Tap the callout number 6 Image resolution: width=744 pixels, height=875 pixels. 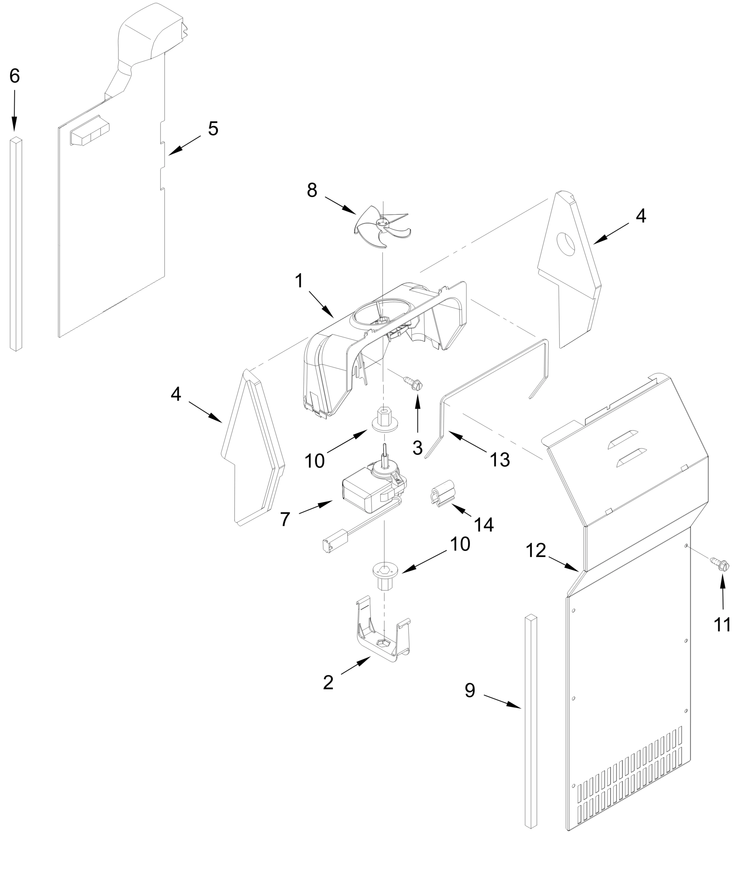coord(14,76)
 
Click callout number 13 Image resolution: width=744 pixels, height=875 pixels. coord(499,459)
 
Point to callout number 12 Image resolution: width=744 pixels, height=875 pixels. coord(536,550)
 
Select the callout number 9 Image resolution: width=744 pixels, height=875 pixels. coord(470,690)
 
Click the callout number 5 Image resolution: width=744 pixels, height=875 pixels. coord(213,129)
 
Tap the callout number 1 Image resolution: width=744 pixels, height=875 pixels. coord(299,281)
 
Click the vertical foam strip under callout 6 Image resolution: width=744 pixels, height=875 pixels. coord(16,245)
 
